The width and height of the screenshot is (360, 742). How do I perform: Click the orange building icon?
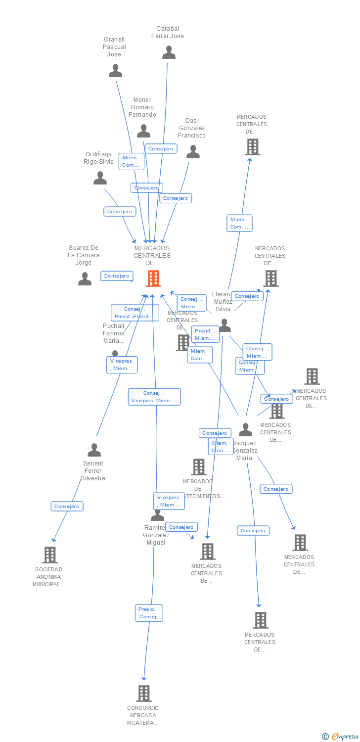tap(153, 278)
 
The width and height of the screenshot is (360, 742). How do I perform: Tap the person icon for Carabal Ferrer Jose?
tap(169, 52)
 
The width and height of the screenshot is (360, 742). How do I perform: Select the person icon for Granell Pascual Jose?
tap(115, 71)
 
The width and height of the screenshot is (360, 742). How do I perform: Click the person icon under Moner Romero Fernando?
tap(143, 131)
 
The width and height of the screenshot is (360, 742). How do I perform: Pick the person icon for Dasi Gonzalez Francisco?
tap(193, 152)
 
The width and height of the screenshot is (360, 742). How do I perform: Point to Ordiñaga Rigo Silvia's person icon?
tap(100, 178)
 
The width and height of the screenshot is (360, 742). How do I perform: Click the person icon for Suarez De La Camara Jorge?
tap(85, 279)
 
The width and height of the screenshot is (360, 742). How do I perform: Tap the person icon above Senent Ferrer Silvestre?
tap(94, 450)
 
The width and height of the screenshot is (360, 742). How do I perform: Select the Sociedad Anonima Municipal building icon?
tap(49, 555)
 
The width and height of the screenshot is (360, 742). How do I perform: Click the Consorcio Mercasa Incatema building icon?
tap(144, 694)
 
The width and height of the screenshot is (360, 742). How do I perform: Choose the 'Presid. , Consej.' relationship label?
tap(149, 613)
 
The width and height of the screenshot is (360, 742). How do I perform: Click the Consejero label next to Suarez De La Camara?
tap(117, 276)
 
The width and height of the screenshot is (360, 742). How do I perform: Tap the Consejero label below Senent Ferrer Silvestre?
tap(67, 507)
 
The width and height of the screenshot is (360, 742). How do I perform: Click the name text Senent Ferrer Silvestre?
tap(93, 471)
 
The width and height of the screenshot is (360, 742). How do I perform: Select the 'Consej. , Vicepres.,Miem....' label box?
tap(154, 397)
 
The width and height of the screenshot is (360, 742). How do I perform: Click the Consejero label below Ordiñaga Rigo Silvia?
tap(120, 212)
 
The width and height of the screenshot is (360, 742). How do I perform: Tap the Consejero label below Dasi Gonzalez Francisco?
tap(176, 198)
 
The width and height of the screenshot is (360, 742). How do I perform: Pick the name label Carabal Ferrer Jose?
tap(168, 32)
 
